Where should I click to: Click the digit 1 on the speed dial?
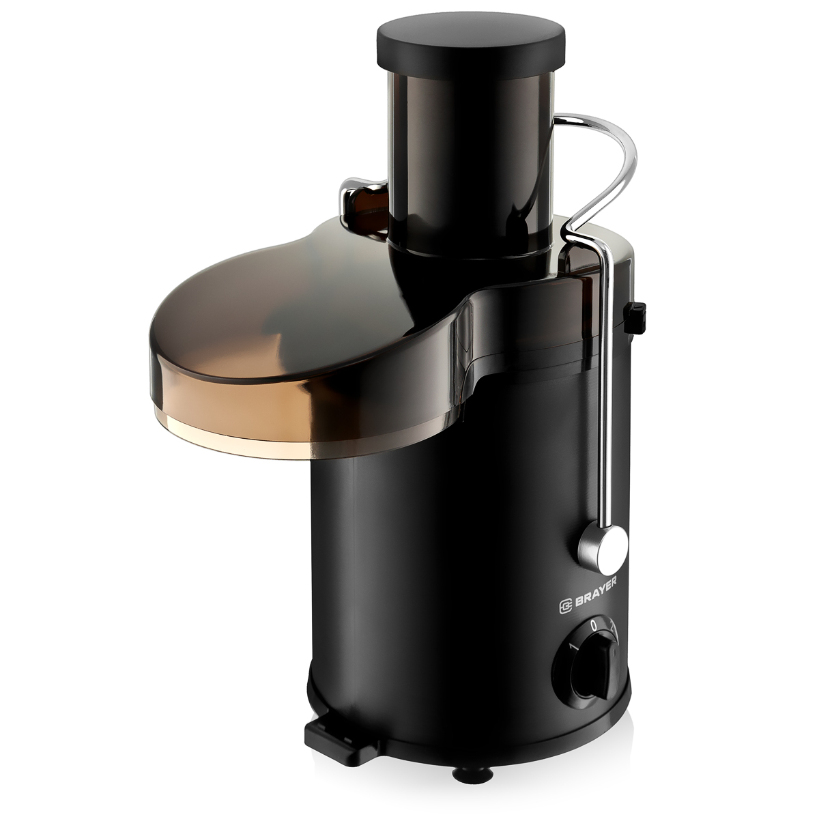[574, 647]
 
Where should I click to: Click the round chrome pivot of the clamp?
[603, 548]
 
